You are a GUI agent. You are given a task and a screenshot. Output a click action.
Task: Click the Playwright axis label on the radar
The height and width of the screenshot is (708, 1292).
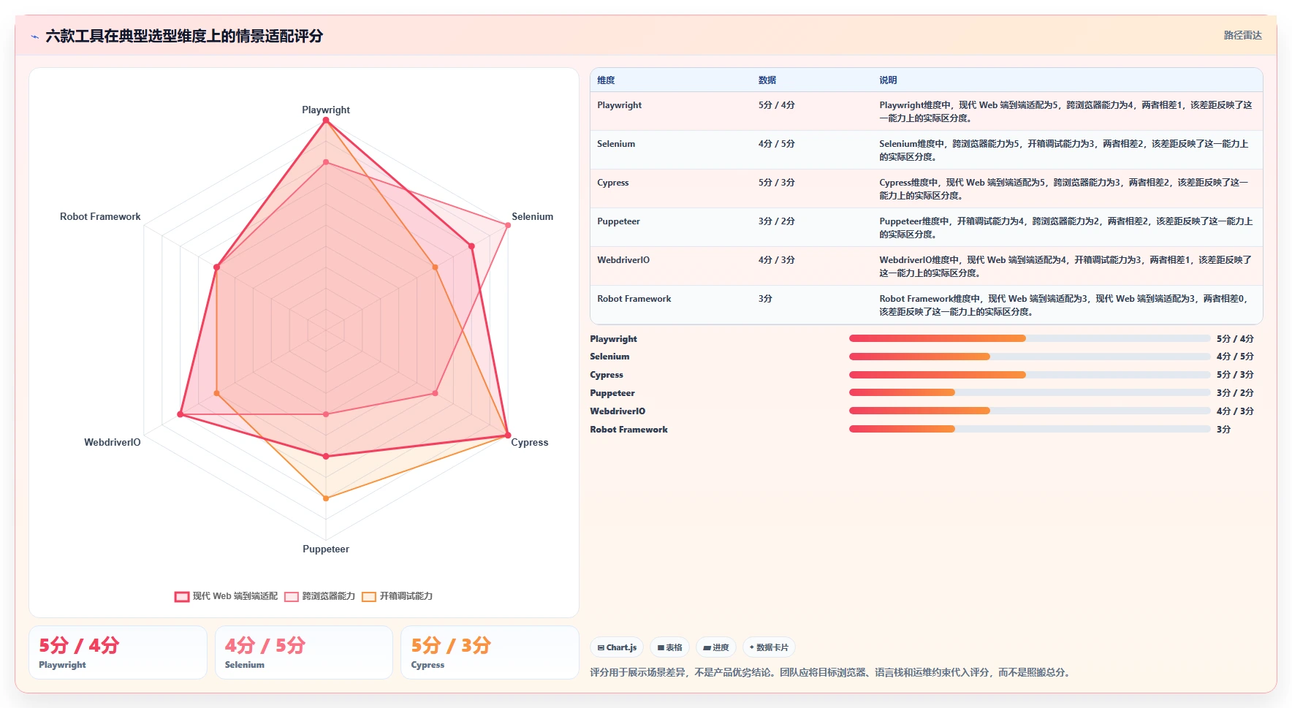click(326, 110)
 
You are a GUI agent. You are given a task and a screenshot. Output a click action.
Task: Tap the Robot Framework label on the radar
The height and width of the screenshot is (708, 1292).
click(100, 216)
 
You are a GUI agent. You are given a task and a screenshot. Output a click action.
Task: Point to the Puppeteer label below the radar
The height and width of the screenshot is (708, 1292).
click(326, 549)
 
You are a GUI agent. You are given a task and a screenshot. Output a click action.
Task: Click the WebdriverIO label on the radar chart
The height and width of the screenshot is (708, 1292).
click(113, 442)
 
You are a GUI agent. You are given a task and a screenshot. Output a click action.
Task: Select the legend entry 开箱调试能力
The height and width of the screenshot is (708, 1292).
click(398, 596)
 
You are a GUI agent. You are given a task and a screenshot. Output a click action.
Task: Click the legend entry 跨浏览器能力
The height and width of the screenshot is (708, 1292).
click(320, 596)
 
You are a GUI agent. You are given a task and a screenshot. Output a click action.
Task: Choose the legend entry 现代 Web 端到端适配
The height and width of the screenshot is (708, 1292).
click(227, 596)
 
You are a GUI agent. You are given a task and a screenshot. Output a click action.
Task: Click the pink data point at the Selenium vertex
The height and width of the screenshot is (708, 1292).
click(508, 225)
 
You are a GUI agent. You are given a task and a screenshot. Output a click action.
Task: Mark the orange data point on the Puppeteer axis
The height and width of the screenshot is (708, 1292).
click(326, 498)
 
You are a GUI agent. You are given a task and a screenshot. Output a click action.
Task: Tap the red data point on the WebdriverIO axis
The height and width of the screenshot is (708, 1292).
click(180, 415)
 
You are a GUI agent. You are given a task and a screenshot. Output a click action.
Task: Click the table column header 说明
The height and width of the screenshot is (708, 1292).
click(888, 80)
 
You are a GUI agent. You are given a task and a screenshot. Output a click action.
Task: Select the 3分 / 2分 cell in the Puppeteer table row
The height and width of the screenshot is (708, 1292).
click(777, 221)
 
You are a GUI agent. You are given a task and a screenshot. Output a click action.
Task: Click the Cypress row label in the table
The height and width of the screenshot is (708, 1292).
click(613, 183)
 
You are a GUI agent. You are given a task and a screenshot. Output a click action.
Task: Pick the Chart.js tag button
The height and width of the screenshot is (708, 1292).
click(617, 647)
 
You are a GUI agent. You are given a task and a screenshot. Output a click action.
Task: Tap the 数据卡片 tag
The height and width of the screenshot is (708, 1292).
click(769, 647)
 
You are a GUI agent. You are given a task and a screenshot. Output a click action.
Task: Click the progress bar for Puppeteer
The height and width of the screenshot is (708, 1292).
click(1030, 393)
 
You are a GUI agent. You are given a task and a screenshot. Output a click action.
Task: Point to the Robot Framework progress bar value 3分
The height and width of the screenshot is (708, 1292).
click(1223, 430)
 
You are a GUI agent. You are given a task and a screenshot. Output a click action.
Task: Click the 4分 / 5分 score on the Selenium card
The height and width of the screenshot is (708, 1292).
click(265, 646)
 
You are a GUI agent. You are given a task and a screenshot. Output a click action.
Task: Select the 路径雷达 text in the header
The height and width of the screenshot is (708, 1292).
click(1243, 35)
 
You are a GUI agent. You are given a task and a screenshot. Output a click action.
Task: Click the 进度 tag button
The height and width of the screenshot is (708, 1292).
click(716, 647)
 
